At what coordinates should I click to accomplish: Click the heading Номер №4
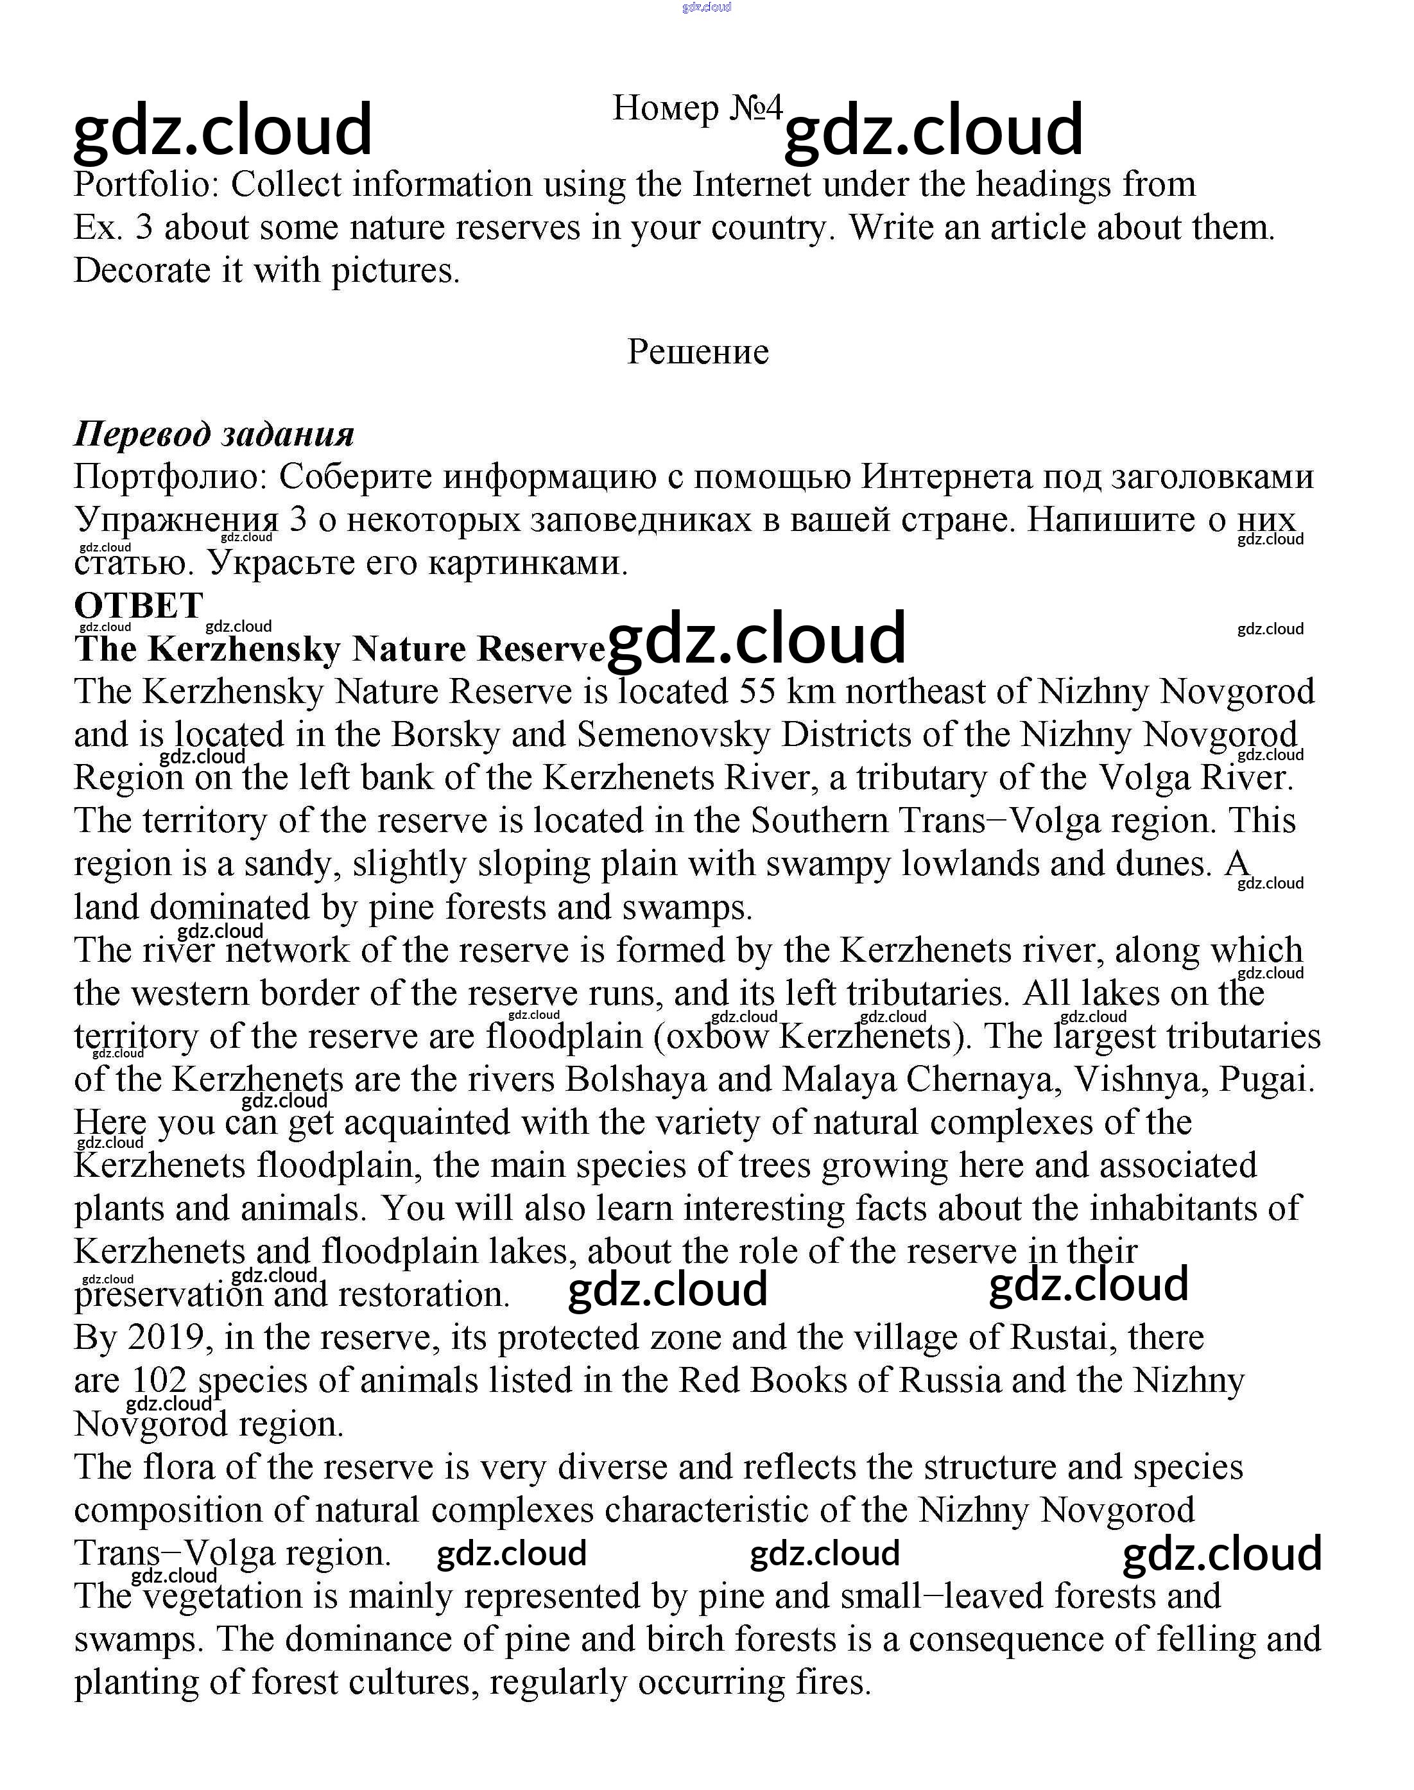697,108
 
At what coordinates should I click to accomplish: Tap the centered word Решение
698,352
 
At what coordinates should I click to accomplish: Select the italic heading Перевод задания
214,434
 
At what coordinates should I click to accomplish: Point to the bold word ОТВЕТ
138,605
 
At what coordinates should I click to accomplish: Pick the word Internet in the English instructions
752,184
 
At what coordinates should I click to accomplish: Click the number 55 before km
757,691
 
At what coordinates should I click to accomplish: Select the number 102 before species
160,1380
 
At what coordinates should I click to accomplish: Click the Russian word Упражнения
177,520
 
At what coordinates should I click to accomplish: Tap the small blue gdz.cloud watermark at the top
706,8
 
